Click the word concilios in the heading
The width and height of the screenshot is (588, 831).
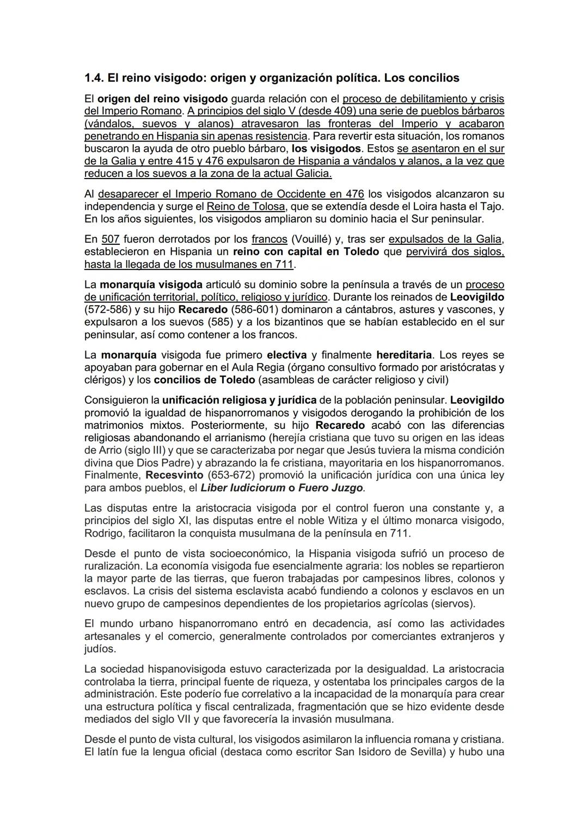point(433,78)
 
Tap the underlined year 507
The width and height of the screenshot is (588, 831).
point(111,239)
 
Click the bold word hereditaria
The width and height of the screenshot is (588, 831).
point(404,355)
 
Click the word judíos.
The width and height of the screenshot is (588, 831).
point(100,649)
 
